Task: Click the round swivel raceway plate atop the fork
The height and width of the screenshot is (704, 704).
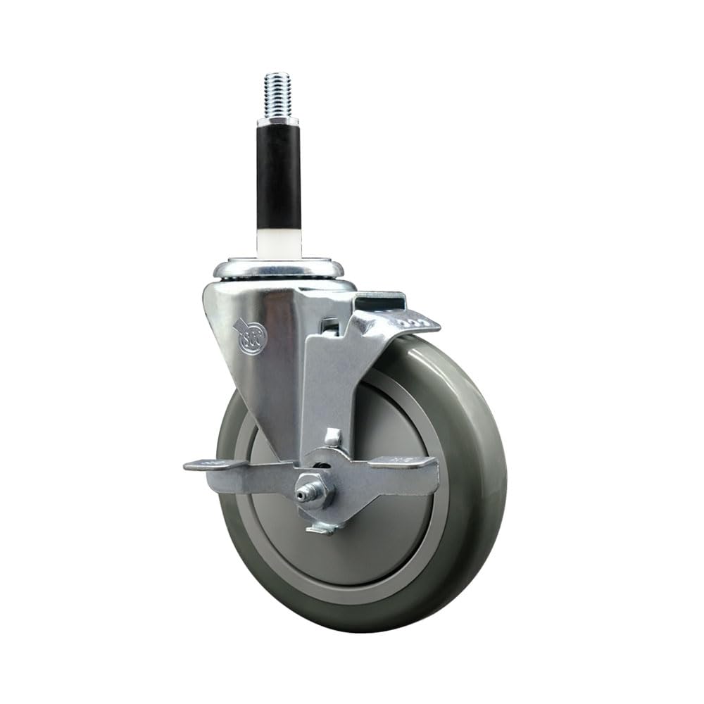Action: pyautogui.click(x=280, y=270)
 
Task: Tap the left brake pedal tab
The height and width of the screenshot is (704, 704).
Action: pyautogui.click(x=211, y=465)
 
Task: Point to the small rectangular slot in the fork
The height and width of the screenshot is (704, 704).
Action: pyautogui.click(x=327, y=327)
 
